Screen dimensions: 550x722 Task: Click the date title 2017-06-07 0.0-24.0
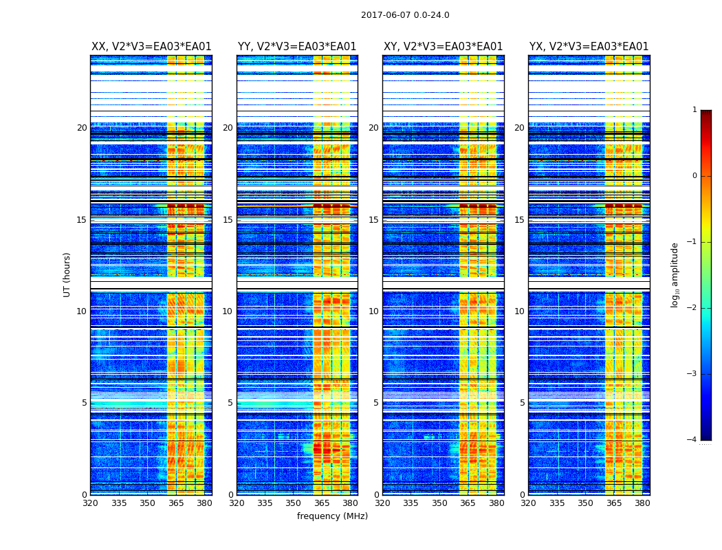405,15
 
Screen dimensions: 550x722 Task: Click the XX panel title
151,47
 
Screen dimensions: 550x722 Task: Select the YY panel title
297,47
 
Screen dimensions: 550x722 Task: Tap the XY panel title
443,47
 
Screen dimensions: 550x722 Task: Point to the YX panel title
589,47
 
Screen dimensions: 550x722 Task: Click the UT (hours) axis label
67,274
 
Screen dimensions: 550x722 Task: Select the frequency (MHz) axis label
332,516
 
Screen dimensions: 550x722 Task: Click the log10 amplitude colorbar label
675,274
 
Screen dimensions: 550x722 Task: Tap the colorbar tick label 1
694,110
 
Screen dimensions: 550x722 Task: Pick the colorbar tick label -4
692,440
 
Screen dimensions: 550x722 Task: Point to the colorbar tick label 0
694,176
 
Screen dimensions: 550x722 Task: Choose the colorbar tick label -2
692,308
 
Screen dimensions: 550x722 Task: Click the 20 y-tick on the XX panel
82,128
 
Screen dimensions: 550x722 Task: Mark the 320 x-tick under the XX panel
91,503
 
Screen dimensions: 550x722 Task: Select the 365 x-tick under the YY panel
322,503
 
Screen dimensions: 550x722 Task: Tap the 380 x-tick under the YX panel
642,503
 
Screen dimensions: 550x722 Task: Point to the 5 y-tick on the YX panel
522,403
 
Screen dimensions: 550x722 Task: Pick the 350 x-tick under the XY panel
439,503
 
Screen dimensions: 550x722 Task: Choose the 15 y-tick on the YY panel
228,220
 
